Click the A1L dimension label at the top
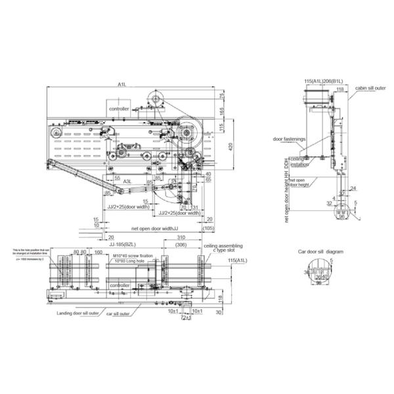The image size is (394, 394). point(122,84)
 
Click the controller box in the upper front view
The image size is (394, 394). point(120,108)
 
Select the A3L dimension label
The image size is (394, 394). point(128,182)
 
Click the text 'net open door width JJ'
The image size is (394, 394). point(144,229)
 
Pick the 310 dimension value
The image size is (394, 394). point(180,237)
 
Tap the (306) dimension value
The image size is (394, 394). point(180,245)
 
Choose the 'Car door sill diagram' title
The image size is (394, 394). point(320,252)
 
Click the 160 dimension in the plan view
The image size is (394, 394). point(98,252)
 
